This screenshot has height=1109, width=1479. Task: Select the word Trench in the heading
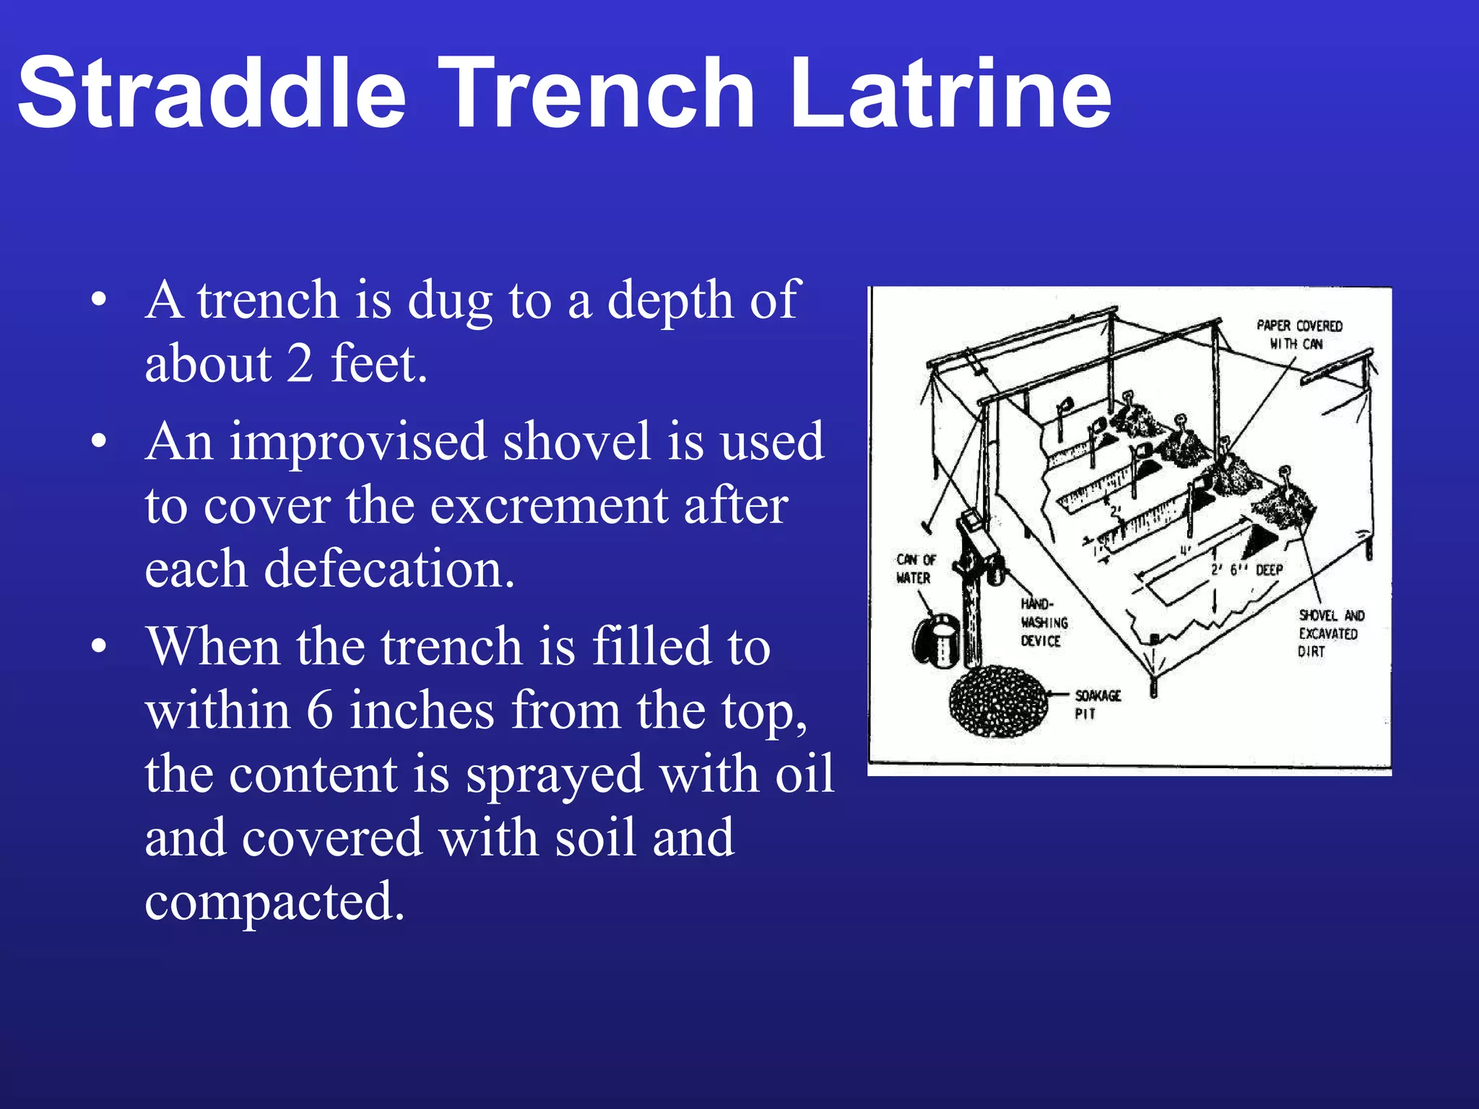tap(597, 94)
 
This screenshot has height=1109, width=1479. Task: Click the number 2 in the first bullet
tap(300, 364)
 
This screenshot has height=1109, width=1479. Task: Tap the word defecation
tap(389, 569)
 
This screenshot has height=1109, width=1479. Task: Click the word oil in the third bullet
tap(804, 773)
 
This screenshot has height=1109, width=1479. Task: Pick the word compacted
tap(274, 901)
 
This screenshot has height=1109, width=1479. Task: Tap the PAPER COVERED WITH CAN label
tap(1298, 334)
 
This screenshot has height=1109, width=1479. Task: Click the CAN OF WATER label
tap(915, 568)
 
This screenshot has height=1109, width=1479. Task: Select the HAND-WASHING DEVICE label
tap(1044, 622)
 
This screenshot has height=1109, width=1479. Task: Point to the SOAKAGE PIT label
tap(1096, 704)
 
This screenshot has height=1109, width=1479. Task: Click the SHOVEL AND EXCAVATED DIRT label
tap(1330, 633)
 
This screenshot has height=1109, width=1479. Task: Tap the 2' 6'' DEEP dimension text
tap(1246, 570)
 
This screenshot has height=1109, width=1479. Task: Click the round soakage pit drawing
tap(998, 701)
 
